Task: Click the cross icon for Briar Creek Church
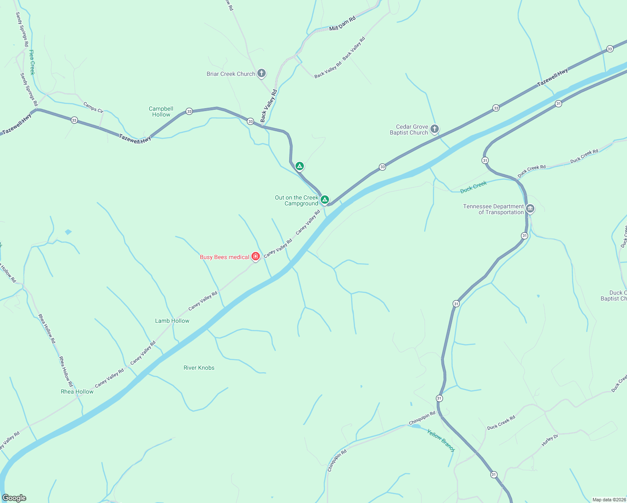point(261,74)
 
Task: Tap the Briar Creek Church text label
point(231,74)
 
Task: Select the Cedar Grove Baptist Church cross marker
point(435,129)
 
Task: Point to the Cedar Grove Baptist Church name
point(409,130)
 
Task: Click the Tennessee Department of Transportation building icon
point(530,208)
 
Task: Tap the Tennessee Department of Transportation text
point(493,209)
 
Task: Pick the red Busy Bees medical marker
point(256,257)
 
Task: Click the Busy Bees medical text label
point(225,257)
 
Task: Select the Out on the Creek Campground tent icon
point(324,200)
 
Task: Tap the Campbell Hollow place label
point(161,111)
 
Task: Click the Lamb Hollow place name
point(172,321)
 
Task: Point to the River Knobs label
point(199,368)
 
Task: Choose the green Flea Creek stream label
point(32,62)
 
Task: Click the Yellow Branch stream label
point(441,440)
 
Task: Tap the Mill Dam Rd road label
point(342,23)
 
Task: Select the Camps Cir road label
point(93,107)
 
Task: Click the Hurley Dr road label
point(550,440)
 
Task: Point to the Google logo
point(14,498)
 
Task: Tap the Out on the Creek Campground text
point(297,200)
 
